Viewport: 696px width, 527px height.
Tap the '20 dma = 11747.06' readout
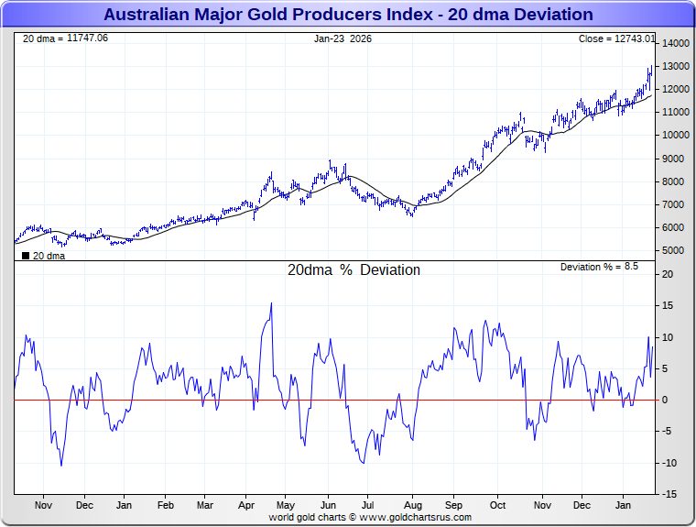coord(65,38)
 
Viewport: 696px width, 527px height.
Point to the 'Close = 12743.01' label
coord(616,38)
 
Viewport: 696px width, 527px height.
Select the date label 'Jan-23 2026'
coord(343,38)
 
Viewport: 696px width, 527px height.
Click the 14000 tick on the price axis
coord(676,44)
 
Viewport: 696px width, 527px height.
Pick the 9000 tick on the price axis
coord(676,159)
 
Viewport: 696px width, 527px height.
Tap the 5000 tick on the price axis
coord(676,251)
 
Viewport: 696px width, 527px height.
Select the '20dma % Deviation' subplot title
coord(353,270)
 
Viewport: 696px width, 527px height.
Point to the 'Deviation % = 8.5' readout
coord(599,267)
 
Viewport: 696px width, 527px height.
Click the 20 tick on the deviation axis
coord(669,275)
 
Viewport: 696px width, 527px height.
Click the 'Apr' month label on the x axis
coord(246,505)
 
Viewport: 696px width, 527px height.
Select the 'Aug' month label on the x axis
coord(413,505)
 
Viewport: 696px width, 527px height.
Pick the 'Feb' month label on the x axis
coord(166,505)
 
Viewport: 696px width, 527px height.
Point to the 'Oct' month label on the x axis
coord(498,505)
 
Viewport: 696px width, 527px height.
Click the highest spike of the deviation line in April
coord(271,303)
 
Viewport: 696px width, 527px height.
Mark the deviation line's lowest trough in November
coord(61,465)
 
